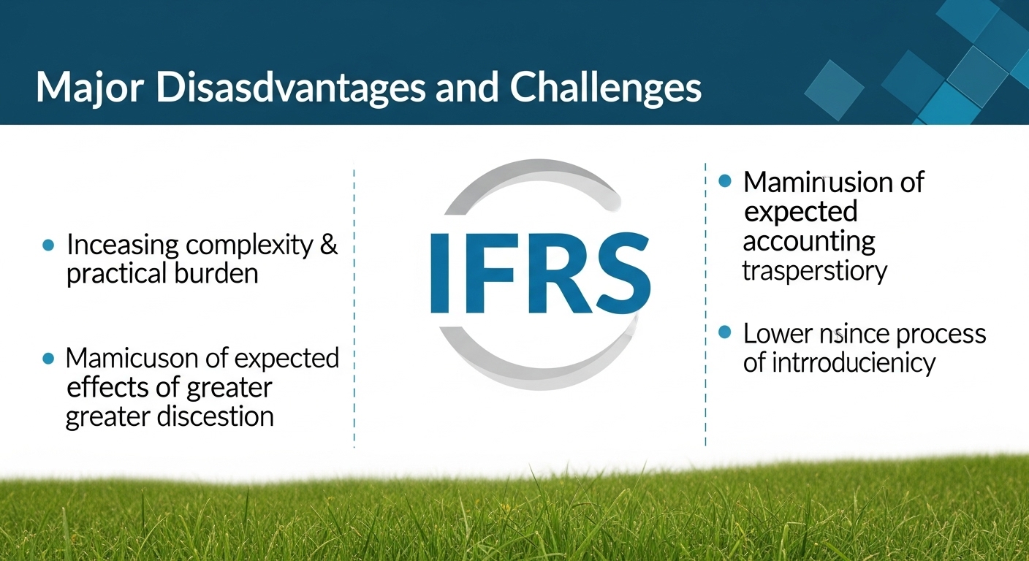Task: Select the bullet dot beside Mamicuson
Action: pyautogui.click(x=48, y=359)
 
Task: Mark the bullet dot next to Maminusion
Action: pyautogui.click(x=725, y=181)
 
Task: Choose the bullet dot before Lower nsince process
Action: pyautogui.click(x=725, y=333)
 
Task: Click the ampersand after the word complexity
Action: pyautogui.click(x=329, y=245)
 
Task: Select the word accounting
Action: pyautogui.click(x=808, y=241)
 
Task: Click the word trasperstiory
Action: pyautogui.click(x=814, y=270)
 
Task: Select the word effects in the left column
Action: pyautogui.click(x=103, y=387)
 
